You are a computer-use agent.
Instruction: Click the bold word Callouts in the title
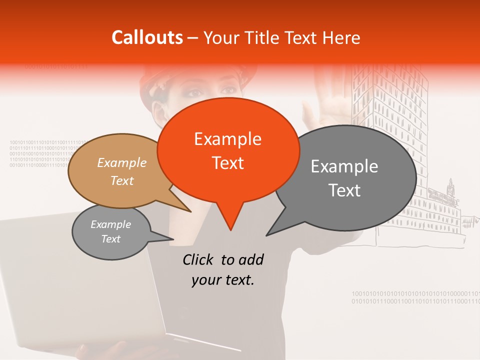pyautogui.click(x=147, y=37)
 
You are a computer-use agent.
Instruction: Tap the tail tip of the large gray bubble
pyautogui.click(x=267, y=235)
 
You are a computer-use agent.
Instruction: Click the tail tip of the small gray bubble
pyautogui.click(x=173, y=238)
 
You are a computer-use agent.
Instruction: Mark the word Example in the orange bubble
pyautogui.click(x=227, y=138)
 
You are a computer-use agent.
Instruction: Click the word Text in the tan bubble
pyautogui.click(x=122, y=180)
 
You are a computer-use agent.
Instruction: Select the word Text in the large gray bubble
pyautogui.click(x=344, y=190)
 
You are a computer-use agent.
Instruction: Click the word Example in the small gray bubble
pyautogui.click(x=110, y=224)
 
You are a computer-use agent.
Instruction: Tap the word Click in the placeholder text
pyautogui.click(x=198, y=259)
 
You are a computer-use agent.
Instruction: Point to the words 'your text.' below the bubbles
pyautogui.click(x=223, y=280)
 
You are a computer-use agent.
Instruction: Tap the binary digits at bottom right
pyautogui.click(x=415, y=297)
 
